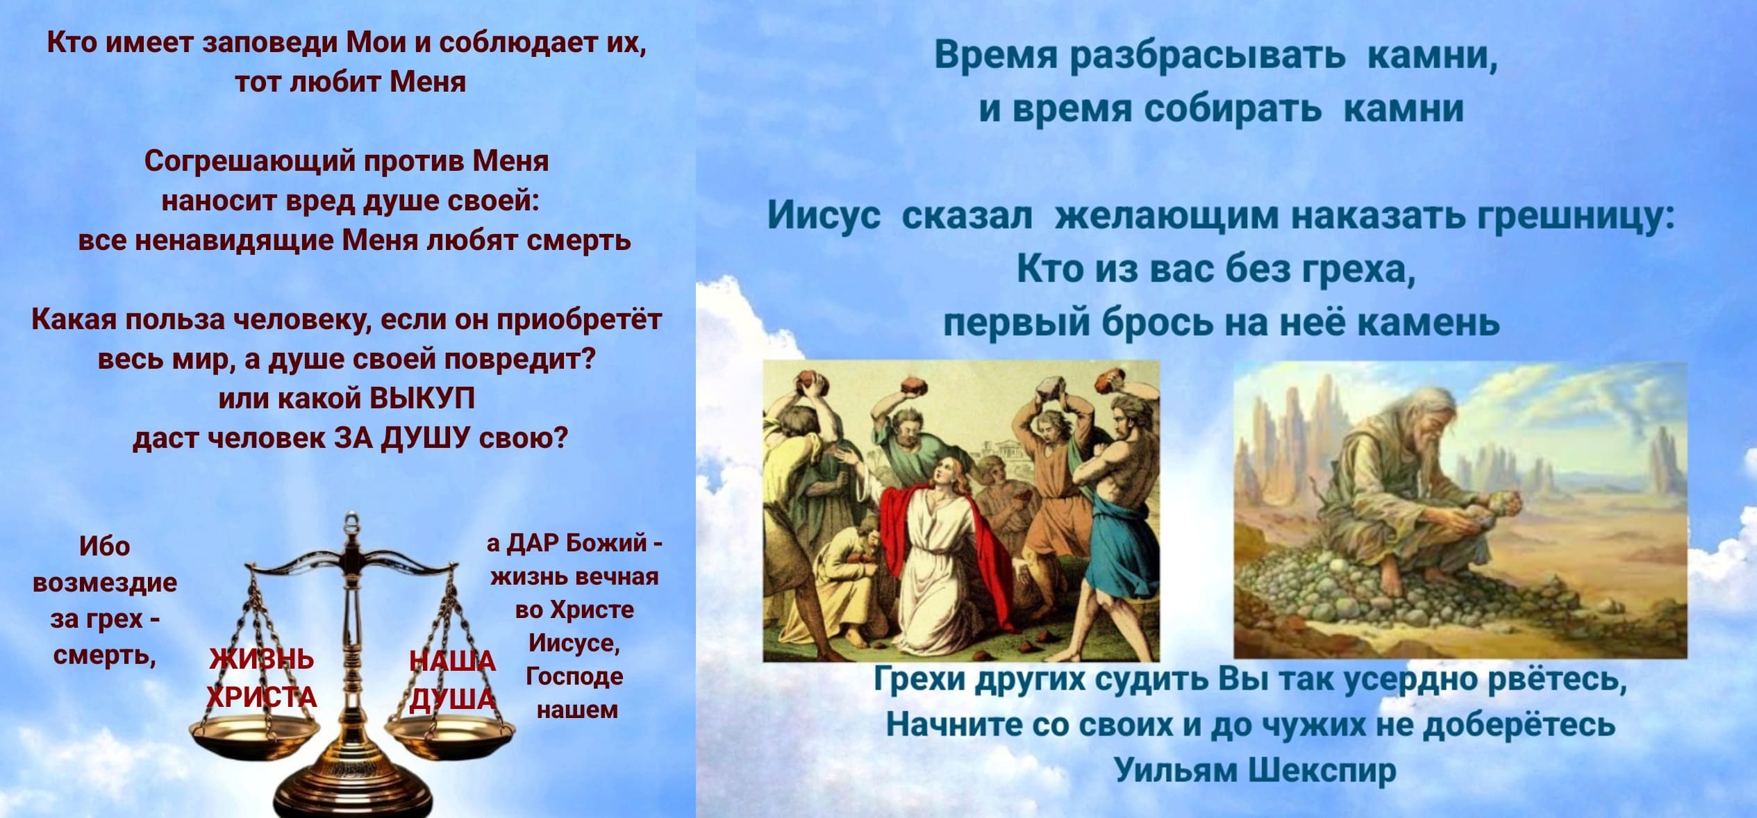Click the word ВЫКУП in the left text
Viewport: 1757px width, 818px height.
(x=423, y=399)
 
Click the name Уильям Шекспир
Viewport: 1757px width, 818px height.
(x=1255, y=770)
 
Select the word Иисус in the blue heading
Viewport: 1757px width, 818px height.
(x=824, y=216)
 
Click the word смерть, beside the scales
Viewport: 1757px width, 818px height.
(x=104, y=655)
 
